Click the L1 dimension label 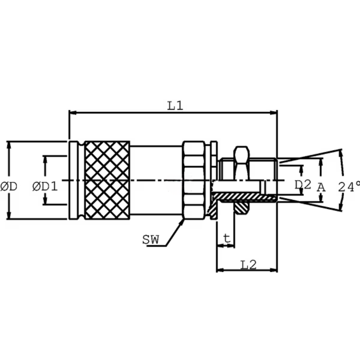click(x=175, y=106)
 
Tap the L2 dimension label click(x=248, y=265)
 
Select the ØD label click(x=9, y=187)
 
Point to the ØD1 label click(x=45, y=186)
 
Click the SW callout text click(x=151, y=240)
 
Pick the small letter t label click(x=227, y=238)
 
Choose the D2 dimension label click(x=303, y=184)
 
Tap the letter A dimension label click(x=321, y=187)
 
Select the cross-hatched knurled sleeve click(x=107, y=180)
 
